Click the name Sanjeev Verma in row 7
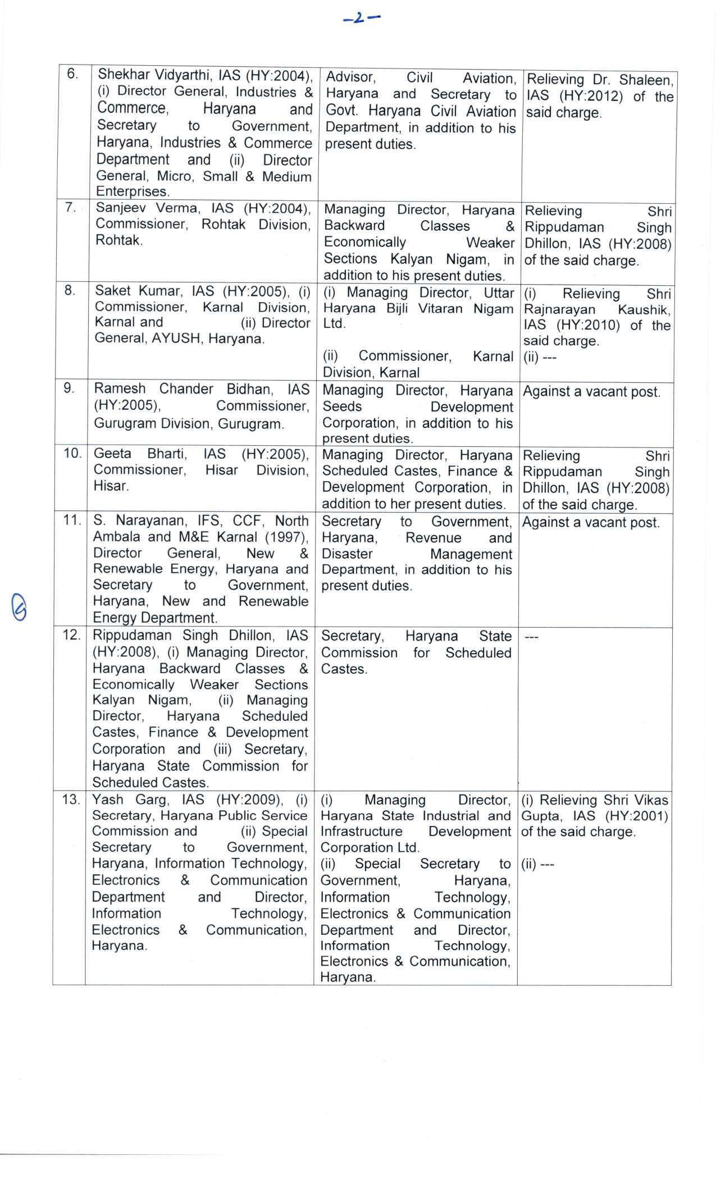(148, 208)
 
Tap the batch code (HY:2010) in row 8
(590, 326)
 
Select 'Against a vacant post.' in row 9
(591, 391)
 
